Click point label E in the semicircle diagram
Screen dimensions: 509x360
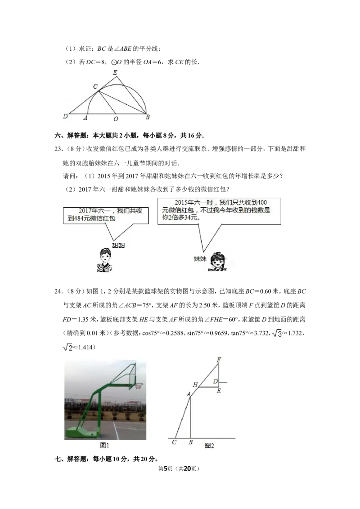pyautogui.click(x=115, y=72)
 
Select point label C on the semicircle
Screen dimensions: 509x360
pyautogui.click(x=95, y=86)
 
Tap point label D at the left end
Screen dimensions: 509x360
pyautogui.click(x=66, y=116)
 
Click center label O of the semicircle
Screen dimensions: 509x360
pyautogui.click(x=116, y=119)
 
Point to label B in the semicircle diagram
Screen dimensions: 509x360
pyautogui.click(x=147, y=117)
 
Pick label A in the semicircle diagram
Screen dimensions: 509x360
pyautogui.click(x=85, y=118)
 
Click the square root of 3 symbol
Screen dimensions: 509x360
pyautogui.click(x=277, y=333)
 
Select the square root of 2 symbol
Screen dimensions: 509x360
pyautogui.click(x=68, y=347)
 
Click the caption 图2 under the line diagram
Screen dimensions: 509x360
pyautogui.click(x=209, y=446)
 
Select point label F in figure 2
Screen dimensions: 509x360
pyautogui.click(x=219, y=360)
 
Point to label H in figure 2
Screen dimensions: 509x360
pyautogui.click(x=195, y=385)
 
